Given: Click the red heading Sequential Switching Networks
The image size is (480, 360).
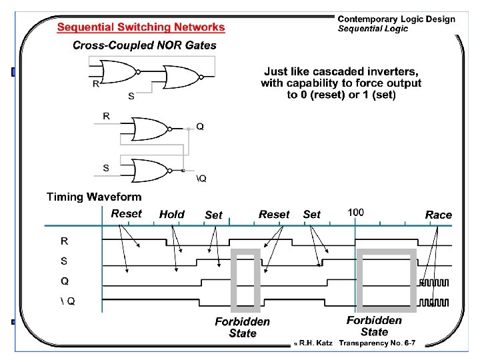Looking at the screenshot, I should click(x=141, y=27).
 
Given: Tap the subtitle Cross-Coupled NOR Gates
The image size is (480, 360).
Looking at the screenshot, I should click(x=145, y=45).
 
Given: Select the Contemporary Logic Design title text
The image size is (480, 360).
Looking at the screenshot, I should click(x=396, y=19).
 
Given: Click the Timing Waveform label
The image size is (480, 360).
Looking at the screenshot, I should click(x=94, y=197).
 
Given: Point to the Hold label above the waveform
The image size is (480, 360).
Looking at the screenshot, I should click(x=172, y=215).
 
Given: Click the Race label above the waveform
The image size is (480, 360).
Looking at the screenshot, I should click(x=438, y=215).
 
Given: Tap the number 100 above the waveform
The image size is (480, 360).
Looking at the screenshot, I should click(x=356, y=213).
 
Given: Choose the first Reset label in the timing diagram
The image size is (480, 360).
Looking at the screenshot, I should click(x=127, y=214).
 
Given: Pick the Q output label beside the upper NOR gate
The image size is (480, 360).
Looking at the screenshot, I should click(x=200, y=127).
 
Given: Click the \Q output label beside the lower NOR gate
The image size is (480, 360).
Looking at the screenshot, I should click(x=201, y=178).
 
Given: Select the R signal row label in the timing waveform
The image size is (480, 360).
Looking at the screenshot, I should click(x=65, y=240).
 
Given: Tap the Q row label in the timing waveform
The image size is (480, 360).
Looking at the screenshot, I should click(x=65, y=281).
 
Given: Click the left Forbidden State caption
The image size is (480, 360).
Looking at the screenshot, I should click(x=243, y=327).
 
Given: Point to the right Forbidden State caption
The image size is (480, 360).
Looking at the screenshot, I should click(x=374, y=326).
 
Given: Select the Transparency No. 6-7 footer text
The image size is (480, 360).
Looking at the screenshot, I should click(x=377, y=343).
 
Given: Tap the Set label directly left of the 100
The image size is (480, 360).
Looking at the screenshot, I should click(x=311, y=215).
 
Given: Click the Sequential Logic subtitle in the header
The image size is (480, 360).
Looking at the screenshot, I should click(x=373, y=29).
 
